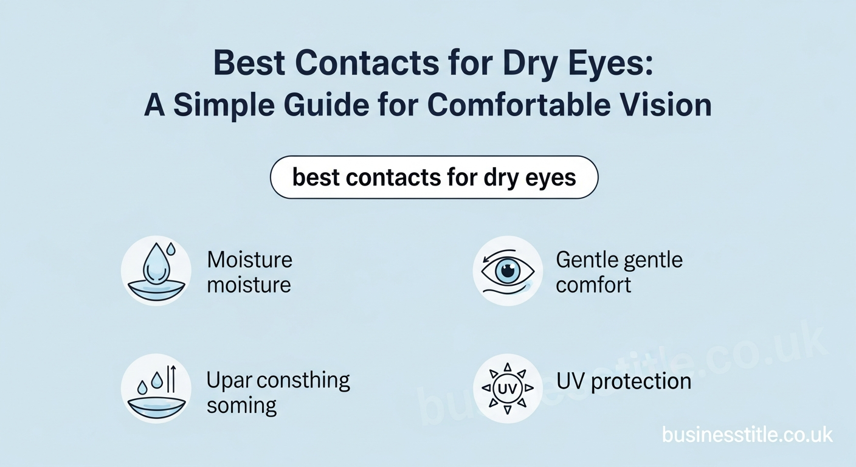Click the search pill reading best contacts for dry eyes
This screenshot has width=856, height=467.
coord(433,177)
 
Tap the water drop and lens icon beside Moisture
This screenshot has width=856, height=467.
coord(156,271)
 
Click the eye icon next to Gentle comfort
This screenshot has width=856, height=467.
coord(507,271)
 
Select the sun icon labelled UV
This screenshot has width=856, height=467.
coord(507,388)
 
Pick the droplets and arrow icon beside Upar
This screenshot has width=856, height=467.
coord(156,388)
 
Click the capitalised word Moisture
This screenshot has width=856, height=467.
coord(249,260)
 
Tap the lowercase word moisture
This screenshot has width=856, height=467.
coord(249,285)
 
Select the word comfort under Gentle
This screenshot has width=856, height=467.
coord(593,285)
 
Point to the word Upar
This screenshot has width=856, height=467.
coord(229,381)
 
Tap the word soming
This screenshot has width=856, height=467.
coord(241,406)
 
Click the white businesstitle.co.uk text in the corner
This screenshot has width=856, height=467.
coord(747,435)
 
